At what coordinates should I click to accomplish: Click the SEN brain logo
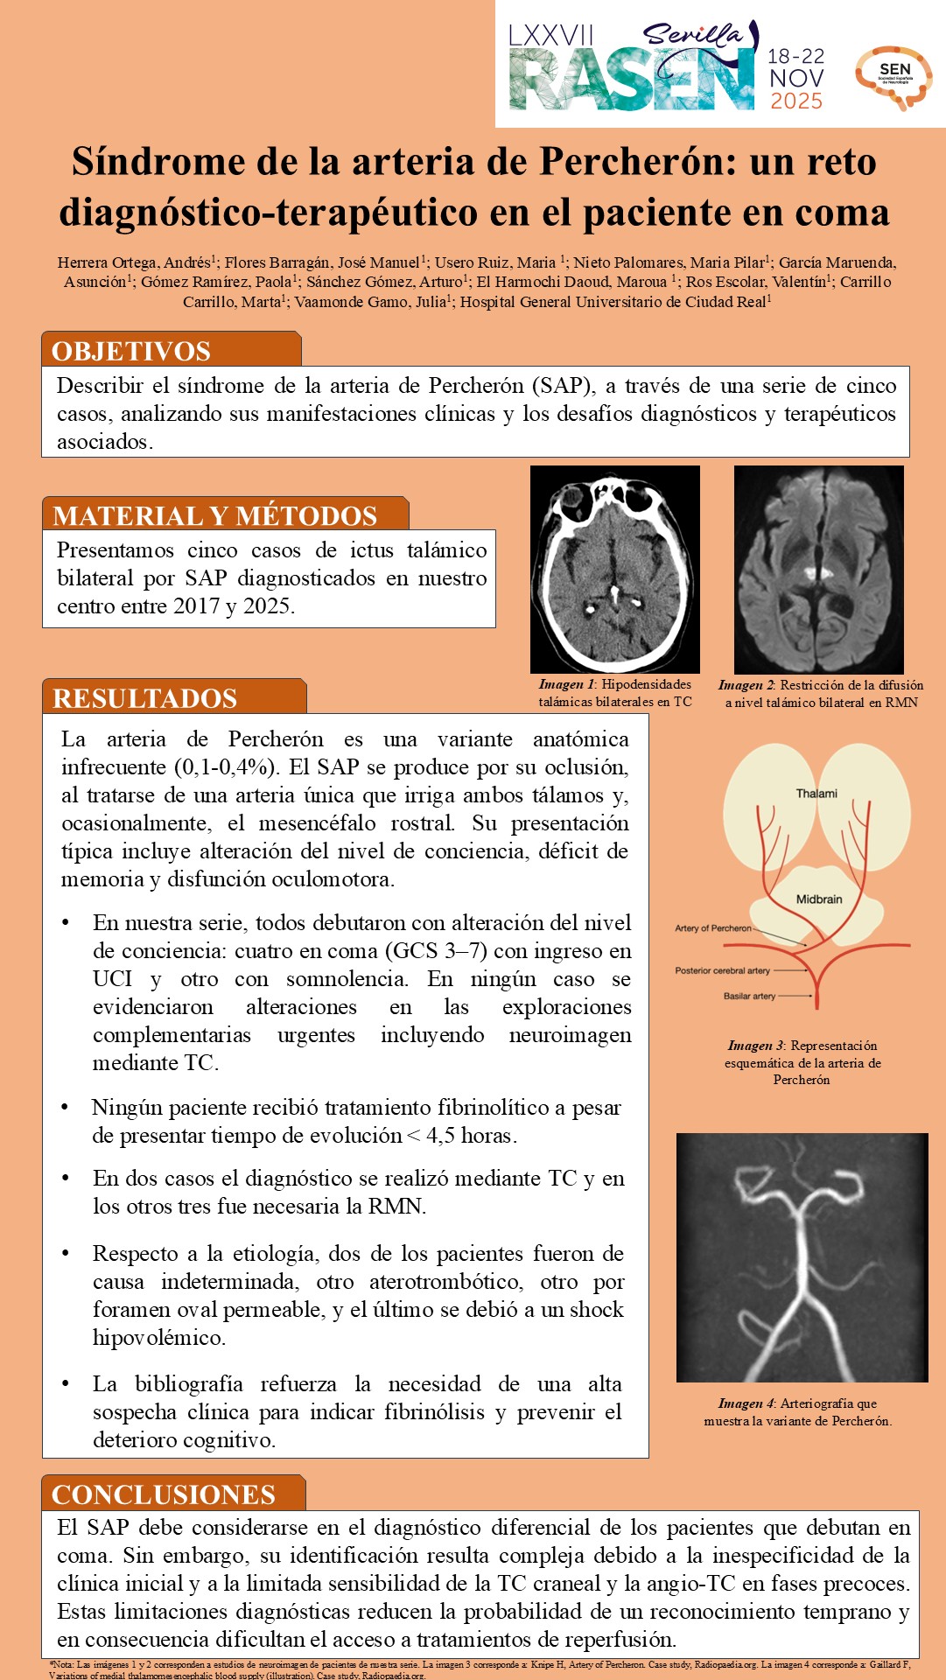(894, 77)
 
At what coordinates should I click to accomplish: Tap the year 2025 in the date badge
(796, 101)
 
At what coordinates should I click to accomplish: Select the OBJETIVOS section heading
(131, 351)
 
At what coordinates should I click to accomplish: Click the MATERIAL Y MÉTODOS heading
(215, 515)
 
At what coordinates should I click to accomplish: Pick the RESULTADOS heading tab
(145, 698)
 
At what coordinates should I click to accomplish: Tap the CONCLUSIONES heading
(164, 1494)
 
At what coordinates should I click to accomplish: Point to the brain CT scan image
(615, 569)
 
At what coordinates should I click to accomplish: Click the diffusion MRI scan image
(818, 569)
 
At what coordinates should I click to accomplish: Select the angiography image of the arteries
(802, 1257)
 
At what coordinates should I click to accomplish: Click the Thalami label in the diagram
(816, 794)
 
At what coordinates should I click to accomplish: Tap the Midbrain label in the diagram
(819, 899)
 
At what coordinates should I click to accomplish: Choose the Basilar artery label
(749, 996)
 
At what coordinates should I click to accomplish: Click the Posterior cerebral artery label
(723, 970)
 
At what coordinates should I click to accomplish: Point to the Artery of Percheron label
(713, 928)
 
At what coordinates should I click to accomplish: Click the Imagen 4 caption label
(746, 1403)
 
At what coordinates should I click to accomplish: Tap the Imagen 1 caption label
(566, 684)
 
